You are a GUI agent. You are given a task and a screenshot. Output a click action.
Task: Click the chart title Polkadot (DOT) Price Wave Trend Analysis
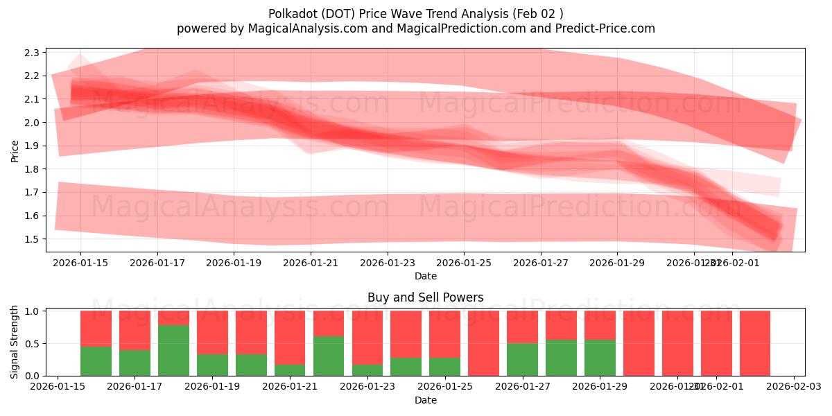pyautogui.click(x=415, y=14)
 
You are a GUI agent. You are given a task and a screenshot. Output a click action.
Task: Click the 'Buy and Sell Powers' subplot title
pyautogui.click(x=425, y=297)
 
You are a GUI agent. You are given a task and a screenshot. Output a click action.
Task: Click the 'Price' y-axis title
pyautogui.click(x=15, y=150)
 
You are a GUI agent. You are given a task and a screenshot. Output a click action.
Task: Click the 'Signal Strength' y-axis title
pyautogui.click(x=15, y=341)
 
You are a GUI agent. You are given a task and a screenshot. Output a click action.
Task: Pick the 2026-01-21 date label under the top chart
pyautogui.click(x=310, y=263)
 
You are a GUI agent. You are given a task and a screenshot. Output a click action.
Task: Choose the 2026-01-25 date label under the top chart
pyautogui.click(x=464, y=263)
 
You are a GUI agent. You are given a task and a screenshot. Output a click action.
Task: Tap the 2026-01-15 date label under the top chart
pyautogui.click(x=80, y=263)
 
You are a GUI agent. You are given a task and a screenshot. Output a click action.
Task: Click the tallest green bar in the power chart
pyautogui.click(x=173, y=350)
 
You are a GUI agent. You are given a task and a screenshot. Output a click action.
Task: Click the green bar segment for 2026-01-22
pyautogui.click(x=329, y=356)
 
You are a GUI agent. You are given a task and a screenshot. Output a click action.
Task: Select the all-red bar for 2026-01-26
pyautogui.click(x=483, y=343)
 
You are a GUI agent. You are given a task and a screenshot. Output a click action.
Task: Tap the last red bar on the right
pyautogui.click(x=754, y=343)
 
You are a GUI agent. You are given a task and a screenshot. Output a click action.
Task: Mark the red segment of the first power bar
pyautogui.click(x=96, y=328)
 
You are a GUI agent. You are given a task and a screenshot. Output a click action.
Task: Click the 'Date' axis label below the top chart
pyautogui.click(x=425, y=276)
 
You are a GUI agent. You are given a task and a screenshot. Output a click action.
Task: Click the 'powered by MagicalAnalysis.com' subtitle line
pyautogui.click(x=415, y=28)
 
